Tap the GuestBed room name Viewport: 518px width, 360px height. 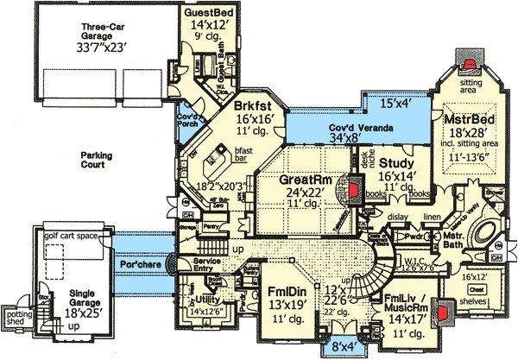210,14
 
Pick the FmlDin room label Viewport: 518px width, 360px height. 281,289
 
